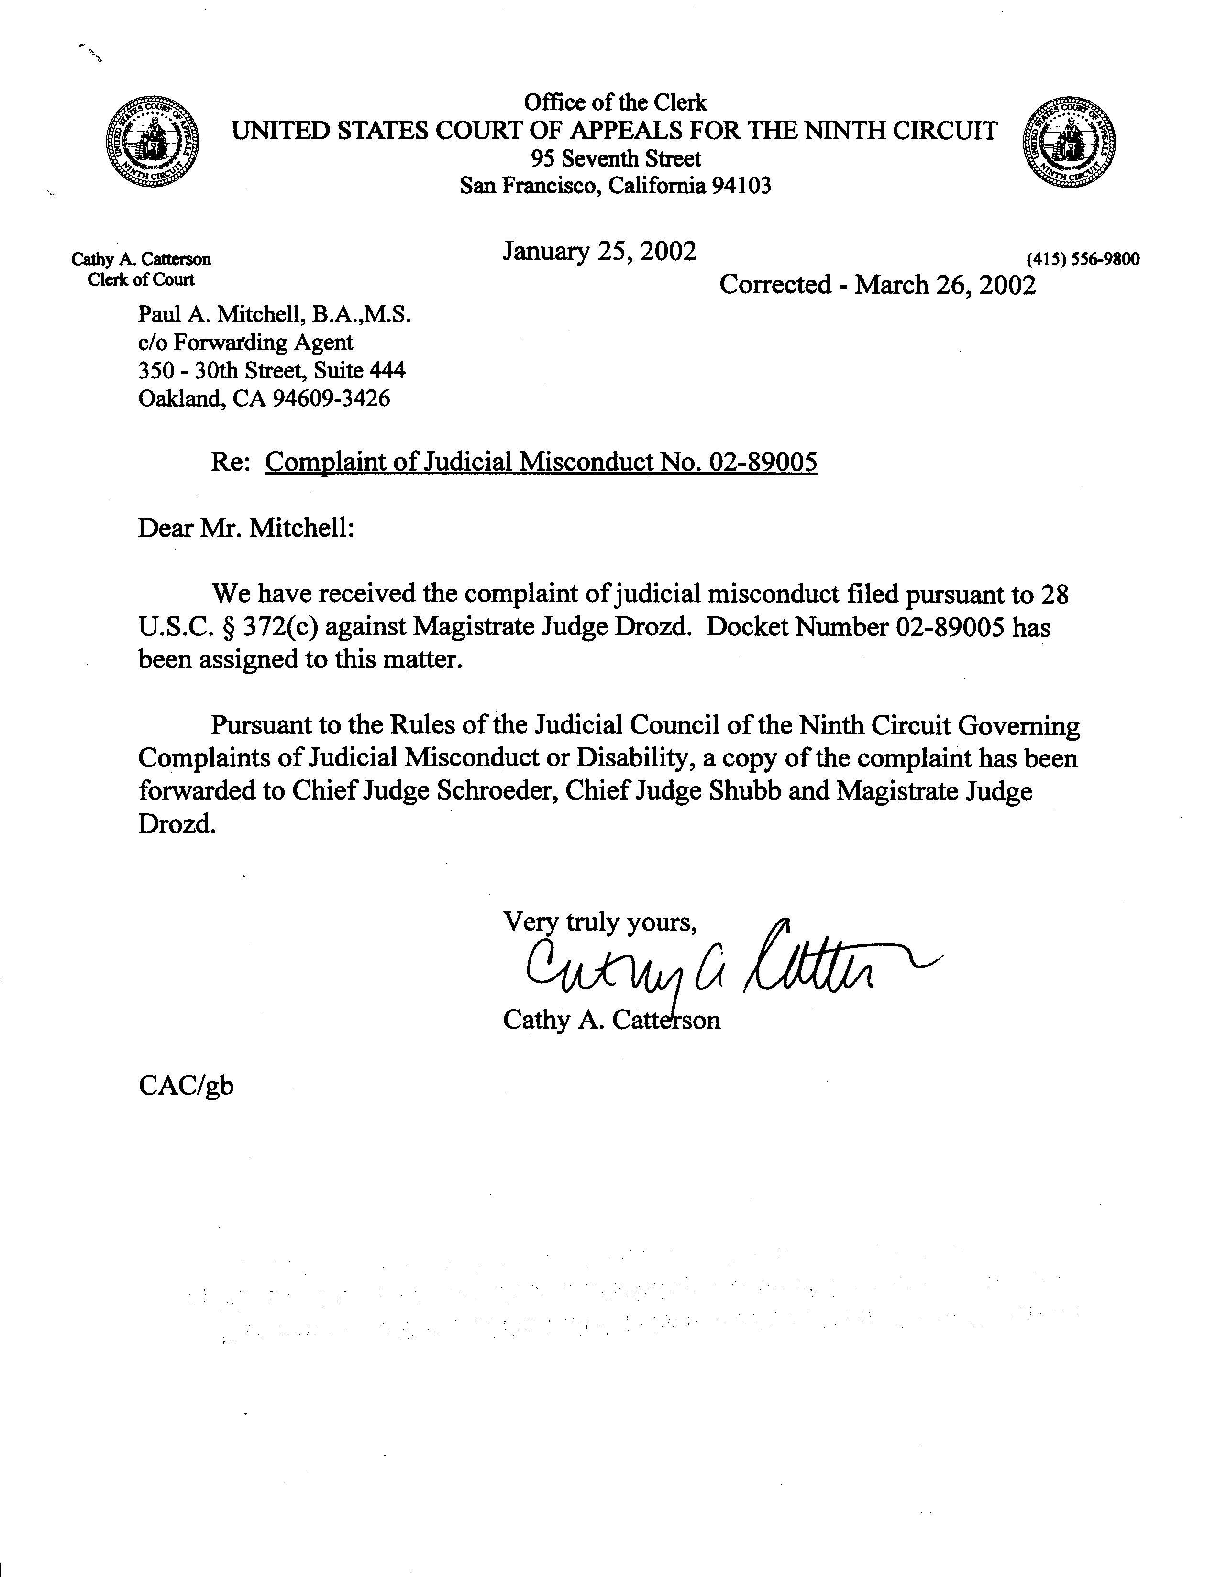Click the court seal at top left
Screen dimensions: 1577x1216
click(153, 142)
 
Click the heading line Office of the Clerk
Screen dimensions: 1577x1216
click(615, 102)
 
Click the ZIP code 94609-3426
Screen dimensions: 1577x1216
click(331, 398)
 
